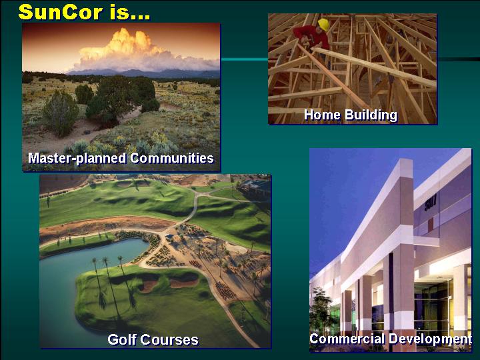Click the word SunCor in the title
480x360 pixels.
click(x=61, y=12)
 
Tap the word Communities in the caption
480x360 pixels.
click(x=172, y=158)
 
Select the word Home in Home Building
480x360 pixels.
click(x=322, y=115)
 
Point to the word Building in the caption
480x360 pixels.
click(x=371, y=115)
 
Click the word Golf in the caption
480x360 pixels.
click(x=121, y=339)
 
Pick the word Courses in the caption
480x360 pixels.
click(x=169, y=340)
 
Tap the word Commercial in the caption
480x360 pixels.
click(x=347, y=339)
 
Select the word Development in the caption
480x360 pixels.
click(x=430, y=339)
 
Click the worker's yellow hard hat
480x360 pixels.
click(x=324, y=24)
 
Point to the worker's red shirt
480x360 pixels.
click(x=311, y=37)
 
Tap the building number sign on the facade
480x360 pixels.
click(x=430, y=203)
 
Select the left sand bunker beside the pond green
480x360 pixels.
click(x=149, y=286)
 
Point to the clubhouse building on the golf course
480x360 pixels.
click(x=255, y=187)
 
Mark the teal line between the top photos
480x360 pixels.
click(x=244, y=59)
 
